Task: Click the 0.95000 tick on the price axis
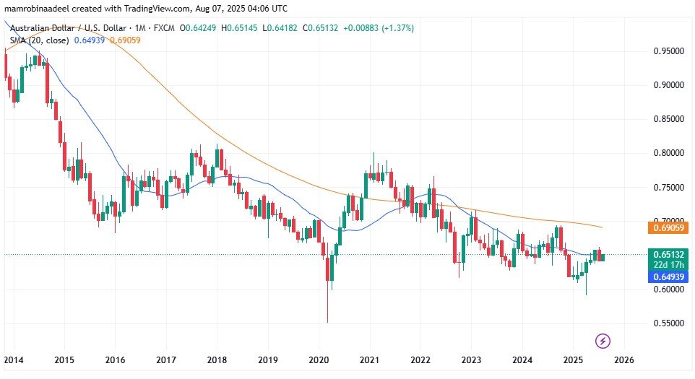click(668, 52)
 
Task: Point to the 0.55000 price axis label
click(668, 323)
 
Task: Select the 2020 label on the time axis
click(319, 360)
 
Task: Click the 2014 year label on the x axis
click(13, 360)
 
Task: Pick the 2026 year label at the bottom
click(624, 360)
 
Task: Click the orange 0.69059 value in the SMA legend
click(125, 40)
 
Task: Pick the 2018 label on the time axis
click(217, 360)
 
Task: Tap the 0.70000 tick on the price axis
click(668, 222)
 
